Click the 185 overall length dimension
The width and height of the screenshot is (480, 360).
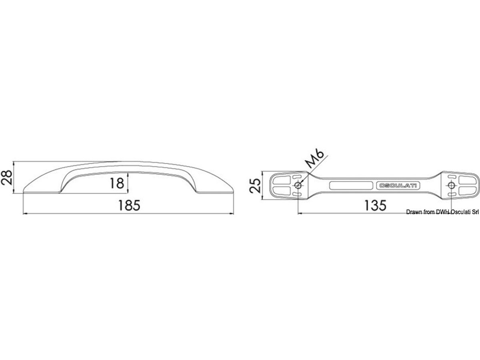129,205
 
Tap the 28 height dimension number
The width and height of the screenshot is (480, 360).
7,178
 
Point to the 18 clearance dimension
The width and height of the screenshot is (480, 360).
117,183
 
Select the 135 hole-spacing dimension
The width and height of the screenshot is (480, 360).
376,205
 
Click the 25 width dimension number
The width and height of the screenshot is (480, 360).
255,186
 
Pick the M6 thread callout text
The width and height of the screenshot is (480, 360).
315,159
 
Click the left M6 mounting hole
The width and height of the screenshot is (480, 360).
298,186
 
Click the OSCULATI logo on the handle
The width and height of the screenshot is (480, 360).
398,186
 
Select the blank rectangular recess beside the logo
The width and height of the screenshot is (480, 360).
351,185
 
